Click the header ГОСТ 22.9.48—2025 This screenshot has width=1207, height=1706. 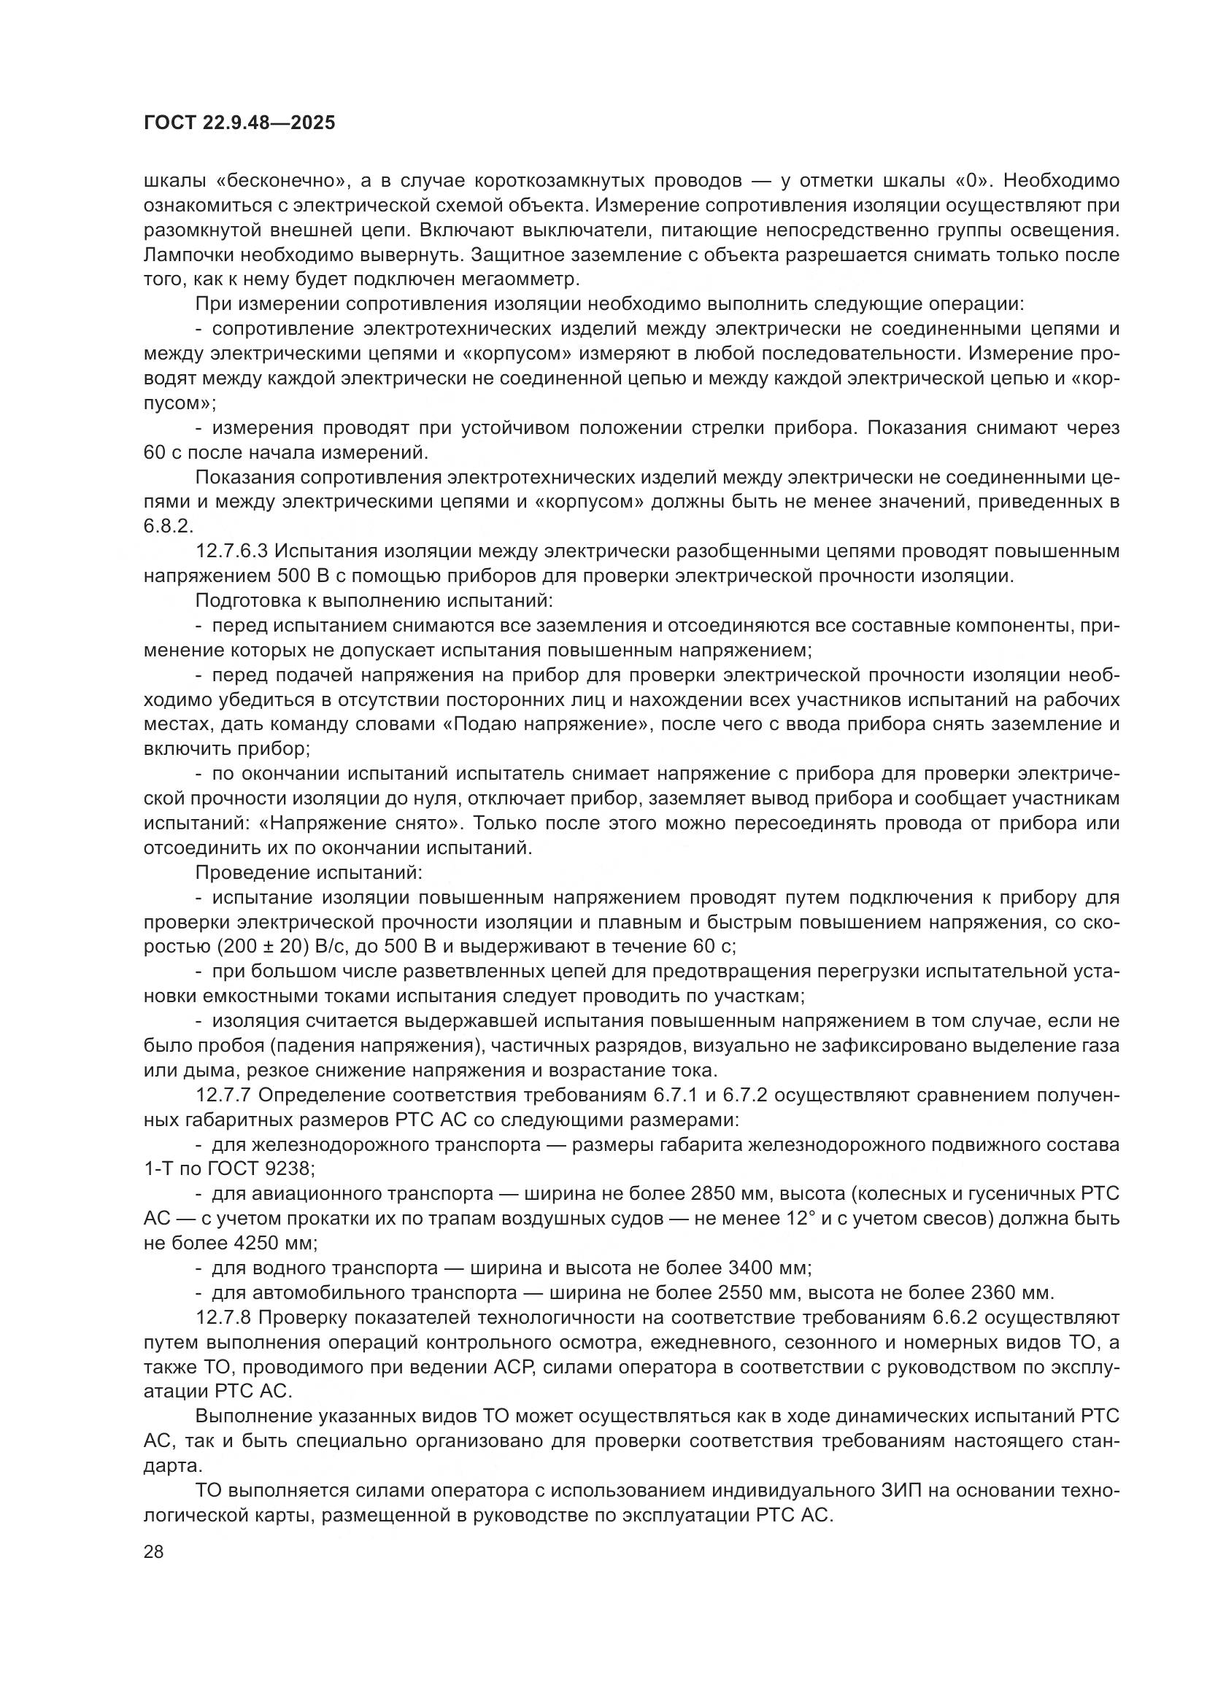(x=239, y=123)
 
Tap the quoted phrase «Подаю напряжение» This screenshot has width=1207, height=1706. (x=542, y=724)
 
